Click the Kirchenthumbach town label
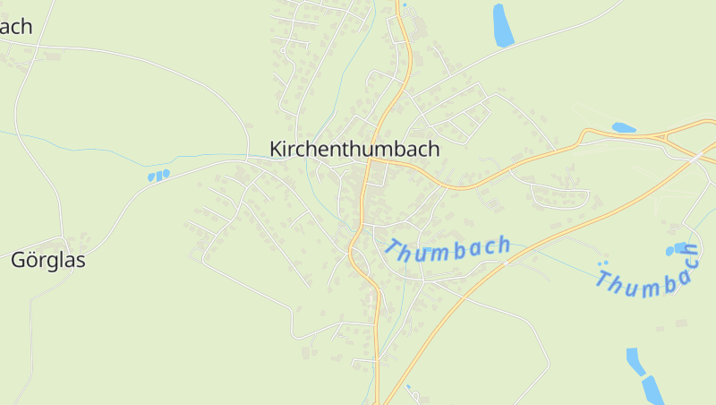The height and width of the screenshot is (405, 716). tap(354, 149)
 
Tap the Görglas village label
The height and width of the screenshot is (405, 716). tap(48, 261)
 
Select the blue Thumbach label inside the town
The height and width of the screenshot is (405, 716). tap(448, 248)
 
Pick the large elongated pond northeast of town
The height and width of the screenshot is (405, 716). tap(503, 25)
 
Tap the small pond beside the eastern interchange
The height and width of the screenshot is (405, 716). tap(623, 127)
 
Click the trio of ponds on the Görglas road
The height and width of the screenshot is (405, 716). tap(158, 176)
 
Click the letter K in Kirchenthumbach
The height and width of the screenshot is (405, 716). tap(277, 149)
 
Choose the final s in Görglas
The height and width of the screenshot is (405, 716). tap(81, 262)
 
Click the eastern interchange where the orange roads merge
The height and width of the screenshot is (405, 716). tap(666, 136)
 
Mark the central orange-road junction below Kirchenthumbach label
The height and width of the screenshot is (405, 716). tap(370, 163)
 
